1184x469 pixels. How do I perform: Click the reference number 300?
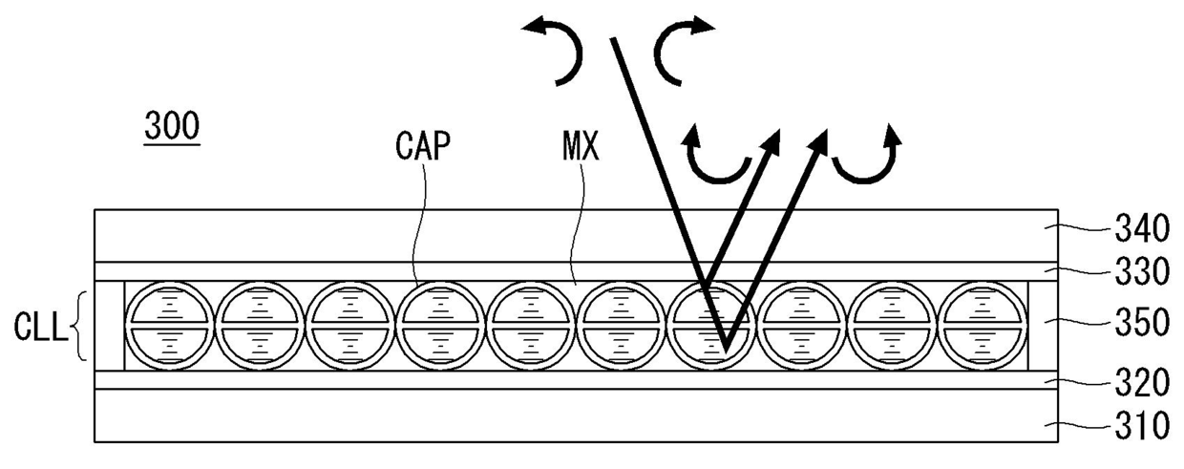[x=172, y=126]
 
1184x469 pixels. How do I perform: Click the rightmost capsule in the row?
[x=980, y=325]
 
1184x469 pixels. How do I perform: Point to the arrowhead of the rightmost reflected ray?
[x=821, y=139]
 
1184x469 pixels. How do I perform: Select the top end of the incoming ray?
[x=608, y=38]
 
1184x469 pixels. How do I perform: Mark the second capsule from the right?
[x=889, y=325]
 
